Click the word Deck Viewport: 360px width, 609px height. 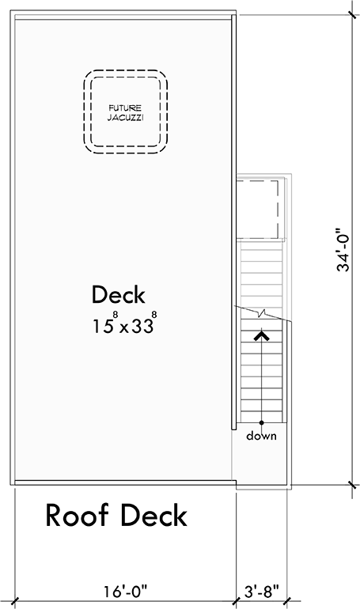pos(119,295)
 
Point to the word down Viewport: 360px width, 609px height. pos(261,436)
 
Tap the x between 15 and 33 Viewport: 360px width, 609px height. pos(125,328)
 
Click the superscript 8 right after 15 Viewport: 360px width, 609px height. pos(116,316)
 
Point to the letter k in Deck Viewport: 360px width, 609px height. pos(139,295)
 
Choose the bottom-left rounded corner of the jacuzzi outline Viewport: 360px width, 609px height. pos(89,146)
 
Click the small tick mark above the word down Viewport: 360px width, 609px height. pos(262,426)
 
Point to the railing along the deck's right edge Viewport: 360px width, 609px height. pos(234,237)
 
